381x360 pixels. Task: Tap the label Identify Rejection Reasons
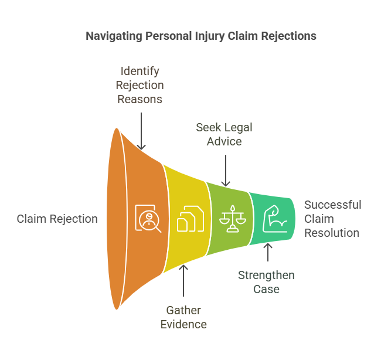click(140, 85)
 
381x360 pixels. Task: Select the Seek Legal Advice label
click(224, 134)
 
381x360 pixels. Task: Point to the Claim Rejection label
click(57, 219)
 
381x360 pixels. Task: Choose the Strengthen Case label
click(266, 282)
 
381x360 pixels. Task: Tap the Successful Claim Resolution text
click(332, 219)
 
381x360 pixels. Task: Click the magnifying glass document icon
click(148, 219)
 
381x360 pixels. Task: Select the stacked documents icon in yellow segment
click(190, 219)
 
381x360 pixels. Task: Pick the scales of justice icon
click(233, 219)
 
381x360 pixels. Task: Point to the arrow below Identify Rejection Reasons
click(141, 128)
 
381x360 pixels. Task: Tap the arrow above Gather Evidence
click(183, 282)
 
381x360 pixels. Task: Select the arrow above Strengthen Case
click(268, 252)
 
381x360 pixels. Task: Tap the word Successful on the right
click(332, 205)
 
